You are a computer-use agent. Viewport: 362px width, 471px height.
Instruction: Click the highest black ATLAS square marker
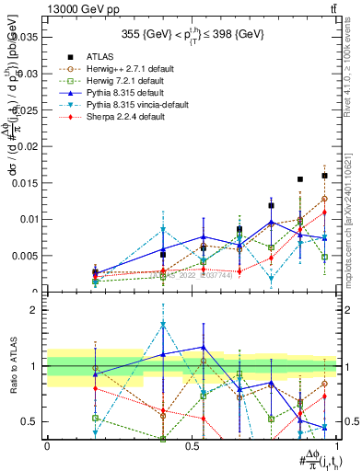pyautogui.click(x=324, y=176)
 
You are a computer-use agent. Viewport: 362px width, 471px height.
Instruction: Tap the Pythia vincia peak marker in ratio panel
pyautogui.click(x=163, y=325)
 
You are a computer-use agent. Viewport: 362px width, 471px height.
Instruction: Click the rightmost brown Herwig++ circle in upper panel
pyautogui.click(x=324, y=199)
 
